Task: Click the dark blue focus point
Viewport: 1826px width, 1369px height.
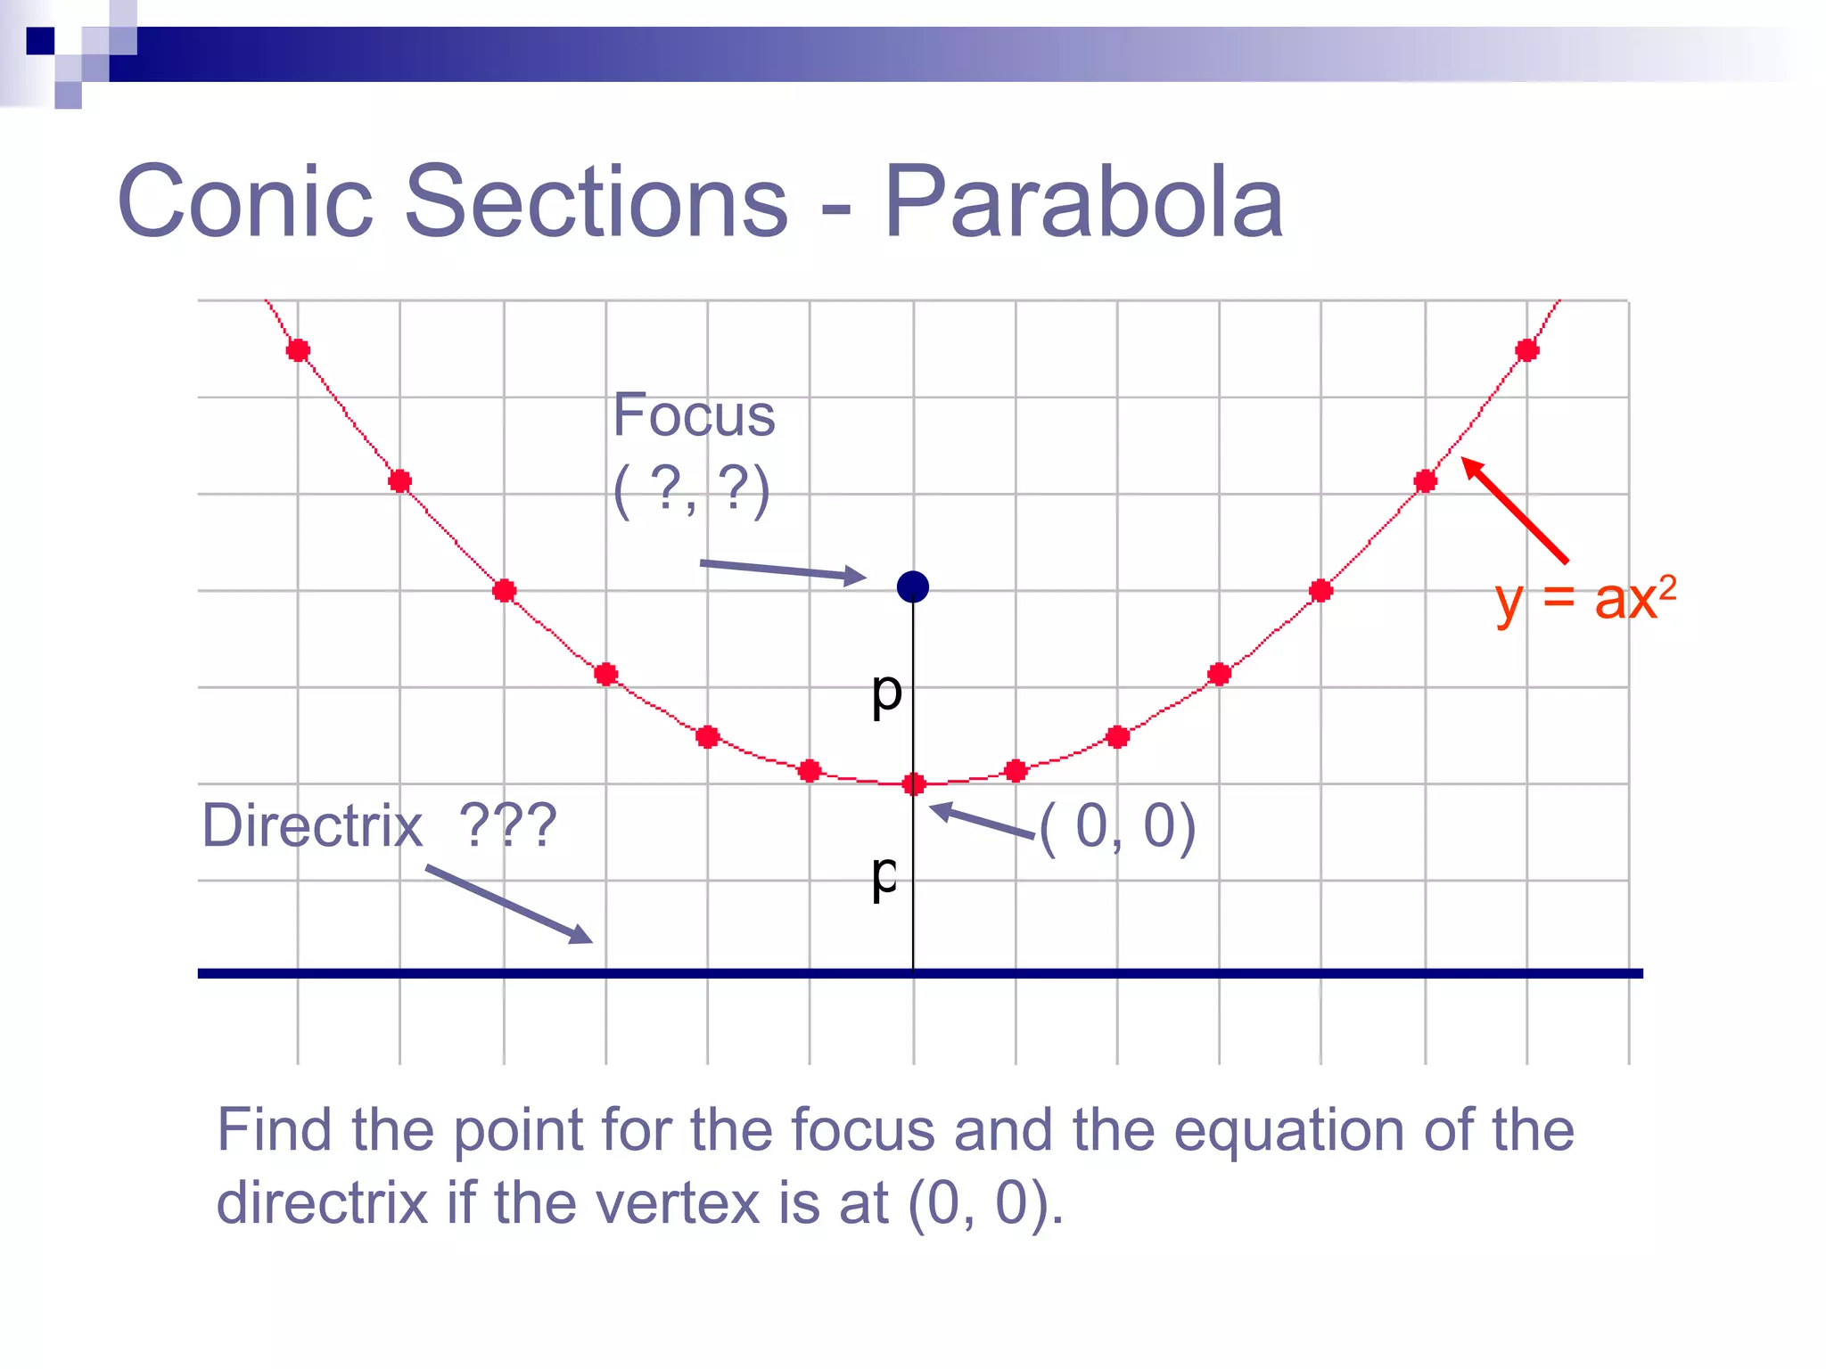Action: pyautogui.click(x=913, y=586)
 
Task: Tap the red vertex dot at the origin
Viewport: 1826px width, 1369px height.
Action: pyautogui.click(x=914, y=784)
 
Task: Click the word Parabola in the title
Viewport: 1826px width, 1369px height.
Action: pyautogui.click(x=1083, y=202)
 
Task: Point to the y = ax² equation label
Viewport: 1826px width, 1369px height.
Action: pyautogui.click(x=1585, y=599)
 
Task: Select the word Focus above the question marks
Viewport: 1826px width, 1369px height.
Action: pyautogui.click(x=694, y=415)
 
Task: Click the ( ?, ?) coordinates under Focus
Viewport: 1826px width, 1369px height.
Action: pyautogui.click(x=692, y=490)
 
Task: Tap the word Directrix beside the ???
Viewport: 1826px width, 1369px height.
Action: pyautogui.click(x=312, y=825)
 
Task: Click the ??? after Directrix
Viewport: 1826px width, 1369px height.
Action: pyautogui.click(x=507, y=825)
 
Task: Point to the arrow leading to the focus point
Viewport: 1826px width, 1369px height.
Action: pyautogui.click(x=782, y=570)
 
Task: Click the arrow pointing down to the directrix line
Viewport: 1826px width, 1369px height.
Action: pyautogui.click(x=508, y=904)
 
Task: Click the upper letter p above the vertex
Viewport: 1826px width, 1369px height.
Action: pyautogui.click(x=887, y=693)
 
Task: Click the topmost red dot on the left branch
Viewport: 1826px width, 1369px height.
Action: pyautogui.click(x=298, y=350)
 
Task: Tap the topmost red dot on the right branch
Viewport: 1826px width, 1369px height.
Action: pyautogui.click(x=1527, y=350)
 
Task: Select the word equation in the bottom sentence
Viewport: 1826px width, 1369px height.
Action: pyautogui.click(x=1291, y=1130)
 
